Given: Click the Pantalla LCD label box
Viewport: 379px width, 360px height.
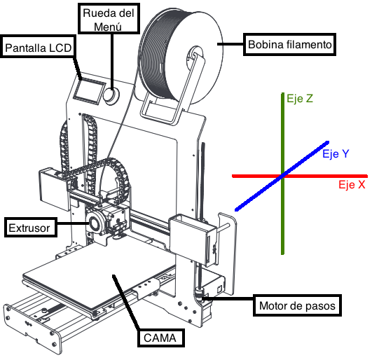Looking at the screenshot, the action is (39, 47).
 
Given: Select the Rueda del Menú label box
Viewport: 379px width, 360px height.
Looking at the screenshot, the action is (109, 18).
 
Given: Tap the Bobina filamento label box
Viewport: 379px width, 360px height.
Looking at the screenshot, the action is (289, 45).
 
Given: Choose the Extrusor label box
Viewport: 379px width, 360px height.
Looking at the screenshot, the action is (31, 228).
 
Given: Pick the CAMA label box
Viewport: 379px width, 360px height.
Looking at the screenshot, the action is (161, 338).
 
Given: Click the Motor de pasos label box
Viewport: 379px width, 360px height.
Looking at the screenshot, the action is (297, 305).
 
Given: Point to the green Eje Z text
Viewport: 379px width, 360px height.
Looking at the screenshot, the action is (300, 99).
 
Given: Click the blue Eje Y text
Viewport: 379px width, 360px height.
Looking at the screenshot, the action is (336, 153).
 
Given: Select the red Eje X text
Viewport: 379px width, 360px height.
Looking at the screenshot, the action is (352, 185).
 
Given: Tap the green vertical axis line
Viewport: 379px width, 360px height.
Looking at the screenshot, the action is (282, 174).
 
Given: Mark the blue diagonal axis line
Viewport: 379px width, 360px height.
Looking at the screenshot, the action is (282, 176).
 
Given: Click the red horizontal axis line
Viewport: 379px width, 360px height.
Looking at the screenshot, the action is (300, 176).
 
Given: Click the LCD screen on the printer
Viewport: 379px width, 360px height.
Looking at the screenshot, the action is (90, 91).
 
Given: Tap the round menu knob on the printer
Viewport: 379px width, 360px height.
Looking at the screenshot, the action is (111, 96).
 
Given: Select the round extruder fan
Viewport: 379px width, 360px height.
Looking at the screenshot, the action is (95, 223).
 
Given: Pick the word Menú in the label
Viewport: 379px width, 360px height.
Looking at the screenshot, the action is (108, 27).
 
